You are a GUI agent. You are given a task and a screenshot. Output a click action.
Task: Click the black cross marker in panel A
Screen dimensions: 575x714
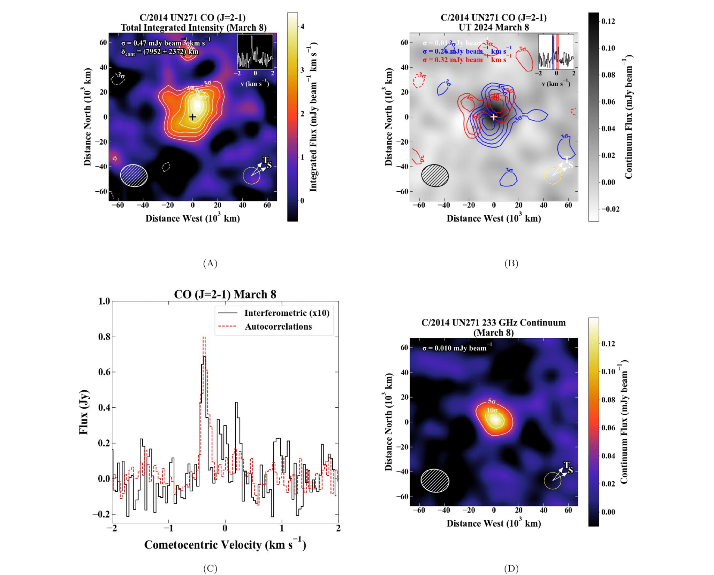(192, 117)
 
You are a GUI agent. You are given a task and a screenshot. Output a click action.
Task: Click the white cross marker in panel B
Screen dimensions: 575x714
(494, 117)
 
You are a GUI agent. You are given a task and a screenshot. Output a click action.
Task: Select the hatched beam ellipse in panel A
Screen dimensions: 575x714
(134, 176)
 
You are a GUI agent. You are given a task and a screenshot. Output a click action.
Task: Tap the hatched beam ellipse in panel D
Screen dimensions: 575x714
(435, 481)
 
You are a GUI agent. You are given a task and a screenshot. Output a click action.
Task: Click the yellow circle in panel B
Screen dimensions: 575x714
(553, 176)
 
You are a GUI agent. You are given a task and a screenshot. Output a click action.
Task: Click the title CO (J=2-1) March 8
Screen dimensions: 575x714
(225, 294)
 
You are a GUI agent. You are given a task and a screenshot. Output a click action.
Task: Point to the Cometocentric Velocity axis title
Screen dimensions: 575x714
(225, 545)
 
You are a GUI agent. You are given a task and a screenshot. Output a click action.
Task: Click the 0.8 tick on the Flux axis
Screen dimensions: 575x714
(104, 337)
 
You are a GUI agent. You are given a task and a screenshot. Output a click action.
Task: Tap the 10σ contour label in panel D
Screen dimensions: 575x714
(492, 410)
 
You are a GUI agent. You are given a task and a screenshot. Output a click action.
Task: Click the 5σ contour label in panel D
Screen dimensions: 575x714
(492, 401)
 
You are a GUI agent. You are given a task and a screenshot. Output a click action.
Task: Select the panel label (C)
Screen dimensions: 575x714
(210, 568)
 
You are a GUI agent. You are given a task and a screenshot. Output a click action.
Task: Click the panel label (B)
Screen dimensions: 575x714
(511, 263)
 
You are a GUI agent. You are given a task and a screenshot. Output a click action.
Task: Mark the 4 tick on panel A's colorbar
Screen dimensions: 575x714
(302, 26)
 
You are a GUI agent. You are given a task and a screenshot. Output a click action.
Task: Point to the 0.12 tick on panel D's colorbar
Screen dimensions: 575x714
(608, 344)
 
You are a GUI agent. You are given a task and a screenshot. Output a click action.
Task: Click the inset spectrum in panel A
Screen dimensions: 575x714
(255, 52)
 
